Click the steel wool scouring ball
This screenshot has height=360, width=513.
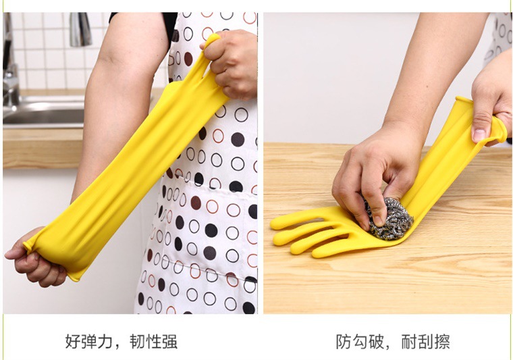[x=388, y=218]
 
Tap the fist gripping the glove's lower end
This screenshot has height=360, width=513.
[x=36, y=259]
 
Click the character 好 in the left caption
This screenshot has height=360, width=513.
[x=74, y=341]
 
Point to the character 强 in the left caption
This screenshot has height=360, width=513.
[x=169, y=341]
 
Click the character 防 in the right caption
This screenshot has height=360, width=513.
[x=344, y=341]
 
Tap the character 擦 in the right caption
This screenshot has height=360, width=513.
[x=442, y=341]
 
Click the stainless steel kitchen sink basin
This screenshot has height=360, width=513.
[x=43, y=112]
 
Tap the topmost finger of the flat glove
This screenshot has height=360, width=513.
[x=296, y=218]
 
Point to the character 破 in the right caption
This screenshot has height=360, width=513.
[x=376, y=341]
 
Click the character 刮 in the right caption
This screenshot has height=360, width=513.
[x=426, y=341]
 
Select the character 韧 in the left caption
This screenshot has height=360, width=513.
[x=138, y=341]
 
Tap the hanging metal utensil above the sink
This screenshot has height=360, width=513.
[x=80, y=29]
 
